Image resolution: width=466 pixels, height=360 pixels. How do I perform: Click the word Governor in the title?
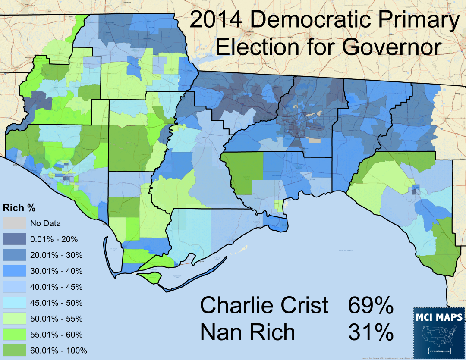click(392, 47)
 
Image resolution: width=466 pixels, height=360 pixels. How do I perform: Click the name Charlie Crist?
click(264, 306)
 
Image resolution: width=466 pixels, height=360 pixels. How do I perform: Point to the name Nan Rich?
click(248, 332)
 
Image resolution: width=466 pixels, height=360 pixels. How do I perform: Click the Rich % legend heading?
click(19, 208)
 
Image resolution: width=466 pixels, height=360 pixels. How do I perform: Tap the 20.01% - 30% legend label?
click(56, 255)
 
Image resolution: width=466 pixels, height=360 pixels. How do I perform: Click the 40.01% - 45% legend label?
click(56, 287)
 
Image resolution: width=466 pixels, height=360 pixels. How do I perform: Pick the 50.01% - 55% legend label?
click(56, 319)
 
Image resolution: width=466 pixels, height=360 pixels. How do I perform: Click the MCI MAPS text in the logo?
click(439, 318)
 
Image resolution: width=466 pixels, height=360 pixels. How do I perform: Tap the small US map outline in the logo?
click(439, 336)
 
